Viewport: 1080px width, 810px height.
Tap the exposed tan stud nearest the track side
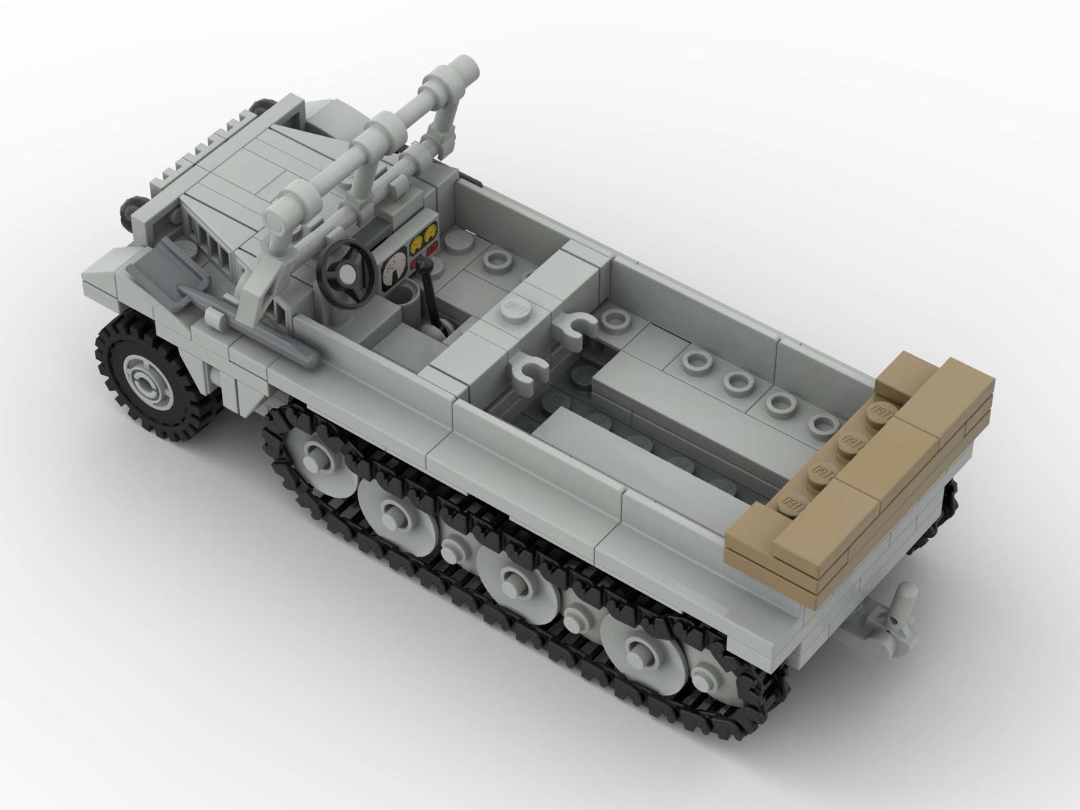click(x=789, y=501)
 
